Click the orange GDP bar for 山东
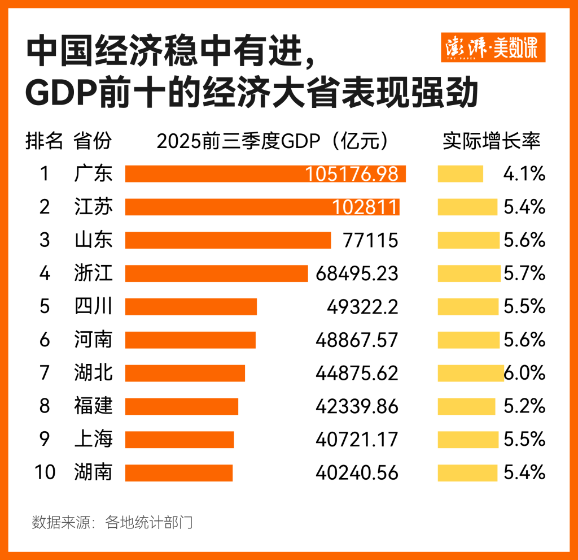tap(228, 240)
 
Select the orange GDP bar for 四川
tap(191, 307)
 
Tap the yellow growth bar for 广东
tap(461, 173)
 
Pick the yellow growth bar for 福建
tap(466, 406)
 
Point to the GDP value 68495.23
tap(357, 274)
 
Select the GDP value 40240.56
tap(357, 472)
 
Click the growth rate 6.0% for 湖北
tap(524, 373)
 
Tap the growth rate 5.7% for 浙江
tap(524, 274)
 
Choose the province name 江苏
tap(93, 207)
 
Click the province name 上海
tap(93, 439)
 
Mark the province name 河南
tap(93, 340)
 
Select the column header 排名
tap(44, 141)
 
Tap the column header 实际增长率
tap(491, 141)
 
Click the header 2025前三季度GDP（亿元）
tap(273, 141)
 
